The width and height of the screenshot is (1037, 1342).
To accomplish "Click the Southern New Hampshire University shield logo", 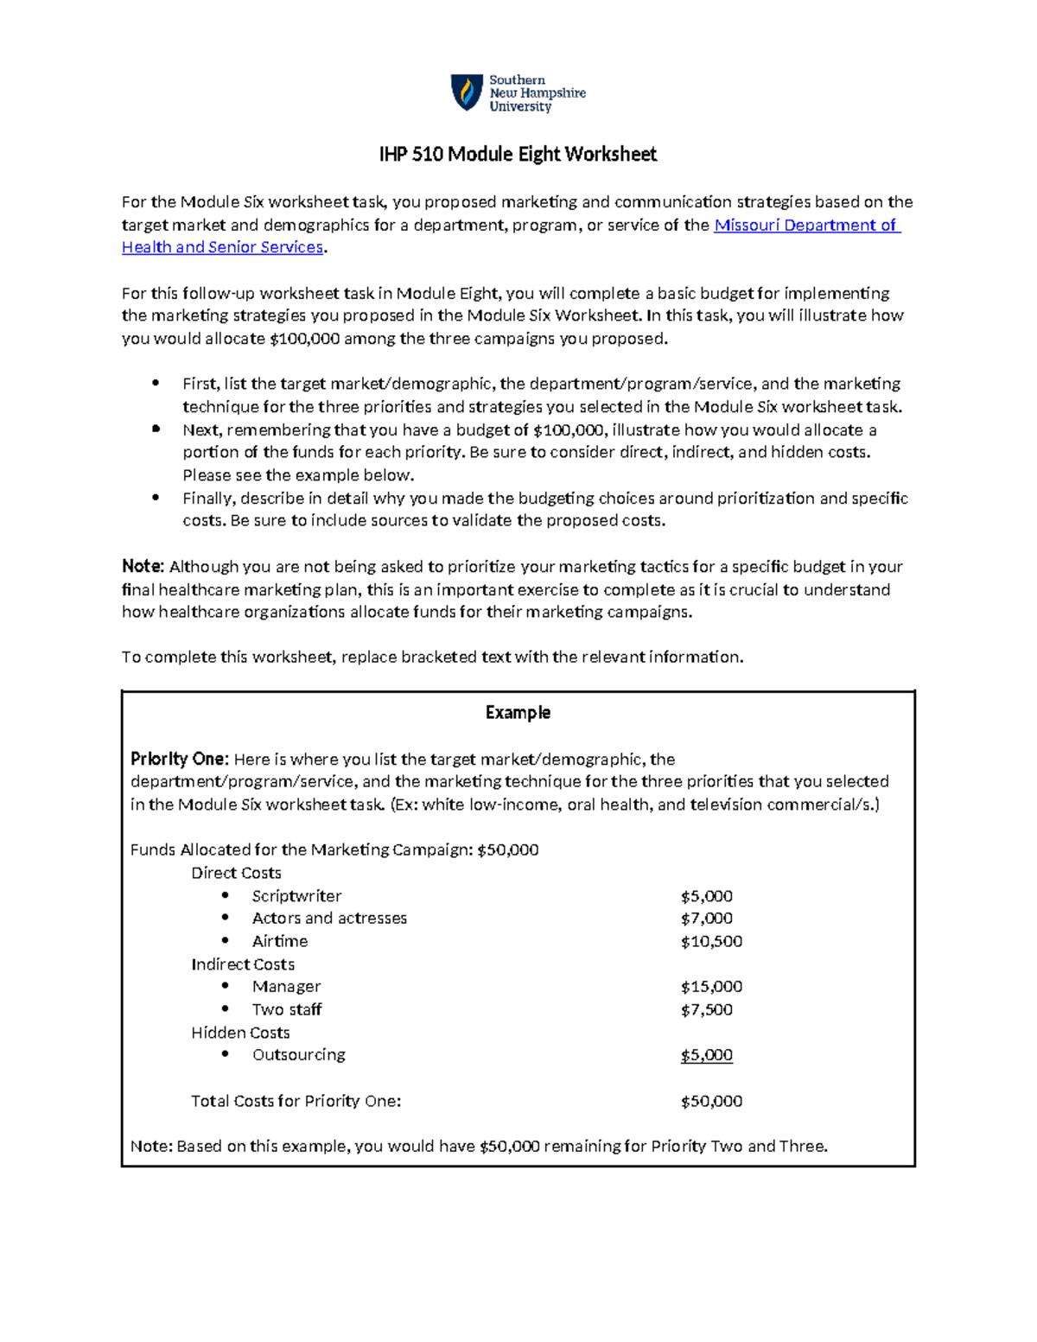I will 467,92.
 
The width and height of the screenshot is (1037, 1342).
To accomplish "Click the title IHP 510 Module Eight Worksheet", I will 518,155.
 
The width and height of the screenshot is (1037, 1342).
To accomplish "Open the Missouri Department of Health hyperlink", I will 805,226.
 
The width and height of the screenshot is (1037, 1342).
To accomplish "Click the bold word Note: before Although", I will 143,567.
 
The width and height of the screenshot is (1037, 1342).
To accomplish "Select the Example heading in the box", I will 518,713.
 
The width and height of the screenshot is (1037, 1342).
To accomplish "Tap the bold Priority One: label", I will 179,760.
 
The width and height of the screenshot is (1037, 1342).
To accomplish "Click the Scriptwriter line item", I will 296,896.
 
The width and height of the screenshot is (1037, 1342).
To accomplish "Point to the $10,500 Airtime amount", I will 711,941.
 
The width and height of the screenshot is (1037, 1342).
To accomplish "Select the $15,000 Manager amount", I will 711,987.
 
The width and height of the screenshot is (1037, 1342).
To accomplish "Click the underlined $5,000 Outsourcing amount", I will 706,1055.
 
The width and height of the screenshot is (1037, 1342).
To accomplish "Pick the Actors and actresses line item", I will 329,919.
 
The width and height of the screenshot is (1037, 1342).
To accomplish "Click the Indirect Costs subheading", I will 243,964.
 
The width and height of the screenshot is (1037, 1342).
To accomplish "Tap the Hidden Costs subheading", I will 240,1033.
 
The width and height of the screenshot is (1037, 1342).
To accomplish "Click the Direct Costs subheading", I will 236,873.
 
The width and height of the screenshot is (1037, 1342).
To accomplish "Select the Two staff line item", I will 287,1009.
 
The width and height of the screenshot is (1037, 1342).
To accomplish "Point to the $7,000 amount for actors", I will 706,919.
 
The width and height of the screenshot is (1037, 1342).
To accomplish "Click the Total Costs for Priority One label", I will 296,1101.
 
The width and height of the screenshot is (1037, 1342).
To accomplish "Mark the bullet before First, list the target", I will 156,384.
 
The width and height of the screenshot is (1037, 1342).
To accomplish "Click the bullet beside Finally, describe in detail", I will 156,498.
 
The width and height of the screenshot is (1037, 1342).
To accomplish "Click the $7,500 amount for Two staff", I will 706,1009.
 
